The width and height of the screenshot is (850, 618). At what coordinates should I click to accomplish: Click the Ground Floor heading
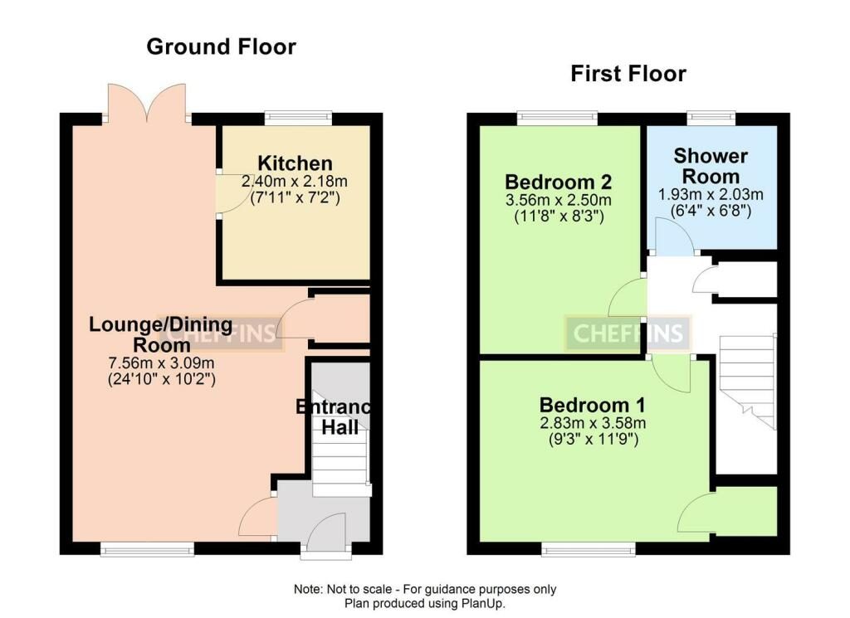click(x=221, y=47)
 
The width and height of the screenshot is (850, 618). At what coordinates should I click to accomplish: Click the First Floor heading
click(x=628, y=74)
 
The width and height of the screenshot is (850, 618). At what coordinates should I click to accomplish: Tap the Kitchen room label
click(x=295, y=163)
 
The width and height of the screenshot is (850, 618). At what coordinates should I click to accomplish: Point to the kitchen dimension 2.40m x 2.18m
click(x=295, y=181)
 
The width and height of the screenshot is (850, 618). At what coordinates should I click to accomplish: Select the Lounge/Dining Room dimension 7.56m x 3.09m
click(x=162, y=363)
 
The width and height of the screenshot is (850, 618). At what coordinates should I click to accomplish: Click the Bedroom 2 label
click(x=559, y=182)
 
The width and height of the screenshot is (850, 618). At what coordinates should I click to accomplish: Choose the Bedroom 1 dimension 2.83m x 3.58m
click(x=593, y=423)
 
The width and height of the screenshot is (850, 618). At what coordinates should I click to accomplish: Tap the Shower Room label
click(x=711, y=166)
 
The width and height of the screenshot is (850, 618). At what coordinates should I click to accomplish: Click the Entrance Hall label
click(x=334, y=417)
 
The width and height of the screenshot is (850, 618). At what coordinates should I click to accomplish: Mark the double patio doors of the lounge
click(x=147, y=102)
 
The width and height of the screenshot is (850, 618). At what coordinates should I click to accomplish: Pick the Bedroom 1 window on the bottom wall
click(x=589, y=550)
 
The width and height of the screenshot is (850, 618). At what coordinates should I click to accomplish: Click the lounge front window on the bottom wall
click(x=147, y=550)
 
